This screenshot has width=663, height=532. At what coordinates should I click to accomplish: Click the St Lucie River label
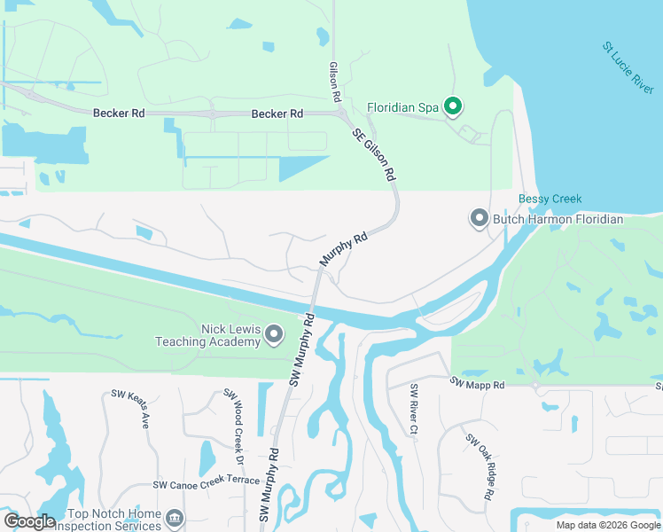pyautogui.click(x=628, y=66)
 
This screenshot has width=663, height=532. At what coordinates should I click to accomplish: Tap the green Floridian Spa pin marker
pyautogui.click(x=453, y=108)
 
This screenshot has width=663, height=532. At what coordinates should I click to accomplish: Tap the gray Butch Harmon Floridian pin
pyautogui.click(x=480, y=218)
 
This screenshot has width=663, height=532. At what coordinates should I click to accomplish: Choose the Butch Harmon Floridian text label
pyautogui.click(x=558, y=219)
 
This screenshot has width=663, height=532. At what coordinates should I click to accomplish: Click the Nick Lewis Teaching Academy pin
pyautogui.click(x=274, y=333)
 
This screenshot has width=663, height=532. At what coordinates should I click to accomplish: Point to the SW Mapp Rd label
pyautogui.click(x=476, y=384)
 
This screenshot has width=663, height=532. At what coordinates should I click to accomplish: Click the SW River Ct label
pyautogui.click(x=414, y=410)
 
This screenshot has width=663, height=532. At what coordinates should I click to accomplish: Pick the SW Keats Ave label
pyautogui.click(x=128, y=408)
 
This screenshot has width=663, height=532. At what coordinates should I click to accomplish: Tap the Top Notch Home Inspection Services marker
pyautogui.click(x=175, y=517)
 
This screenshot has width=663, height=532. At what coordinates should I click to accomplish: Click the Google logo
pyautogui.click(x=29, y=521)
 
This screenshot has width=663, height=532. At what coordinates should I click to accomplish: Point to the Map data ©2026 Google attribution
pyautogui.click(x=606, y=525)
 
